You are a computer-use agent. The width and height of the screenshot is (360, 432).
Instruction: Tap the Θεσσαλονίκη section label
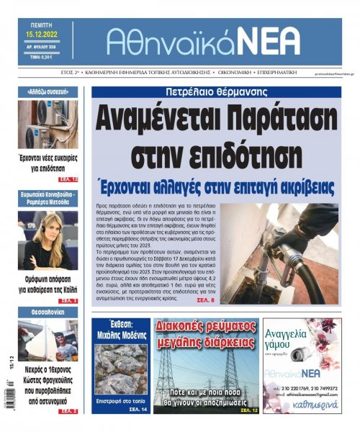click(x=48, y=312)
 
